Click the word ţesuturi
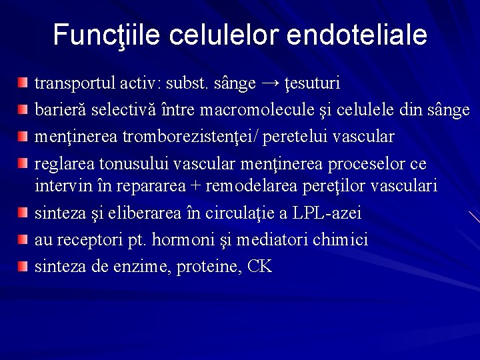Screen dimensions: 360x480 point(313,84)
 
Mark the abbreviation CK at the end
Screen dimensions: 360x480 point(259,267)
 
